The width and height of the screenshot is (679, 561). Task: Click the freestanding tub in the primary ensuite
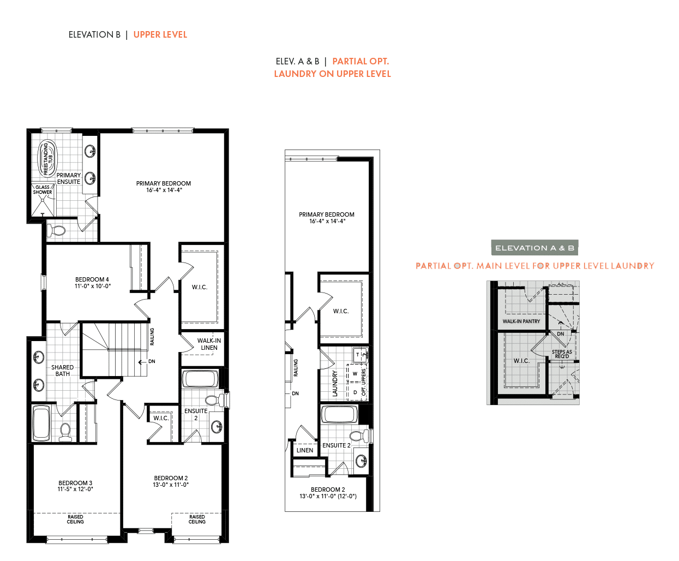tap(47, 159)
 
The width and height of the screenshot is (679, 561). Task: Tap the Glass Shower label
tap(43, 190)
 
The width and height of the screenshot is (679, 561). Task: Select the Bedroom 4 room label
tap(92, 279)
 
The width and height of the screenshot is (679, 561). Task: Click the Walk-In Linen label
tap(209, 344)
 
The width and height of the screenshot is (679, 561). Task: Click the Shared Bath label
tap(62, 371)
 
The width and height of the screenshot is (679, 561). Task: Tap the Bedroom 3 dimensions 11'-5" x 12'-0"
tap(75, 489)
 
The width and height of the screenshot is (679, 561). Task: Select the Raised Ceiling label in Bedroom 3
tap(75, 520)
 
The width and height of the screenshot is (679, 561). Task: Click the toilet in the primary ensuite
tap(56, 231)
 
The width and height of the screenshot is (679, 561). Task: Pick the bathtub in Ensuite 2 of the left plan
tap(200, 378)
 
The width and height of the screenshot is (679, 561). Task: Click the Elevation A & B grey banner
tap(534, 248)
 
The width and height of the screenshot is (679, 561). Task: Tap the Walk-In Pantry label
tap(521, 321)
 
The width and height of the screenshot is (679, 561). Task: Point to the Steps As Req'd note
tap(562, 354)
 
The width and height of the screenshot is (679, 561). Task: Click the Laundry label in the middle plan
tap(335, 383)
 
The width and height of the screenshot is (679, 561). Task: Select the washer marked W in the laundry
tap(355, 374)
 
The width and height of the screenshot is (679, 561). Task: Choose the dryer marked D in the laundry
tap(355, 392)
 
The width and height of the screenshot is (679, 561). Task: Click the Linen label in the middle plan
tap(305, 450)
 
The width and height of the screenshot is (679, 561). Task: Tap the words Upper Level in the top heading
tap(160, 35)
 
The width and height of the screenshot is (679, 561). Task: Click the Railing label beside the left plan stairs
tap(152, 337)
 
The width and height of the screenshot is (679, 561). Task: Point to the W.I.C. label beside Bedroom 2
tap(161, 418)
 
